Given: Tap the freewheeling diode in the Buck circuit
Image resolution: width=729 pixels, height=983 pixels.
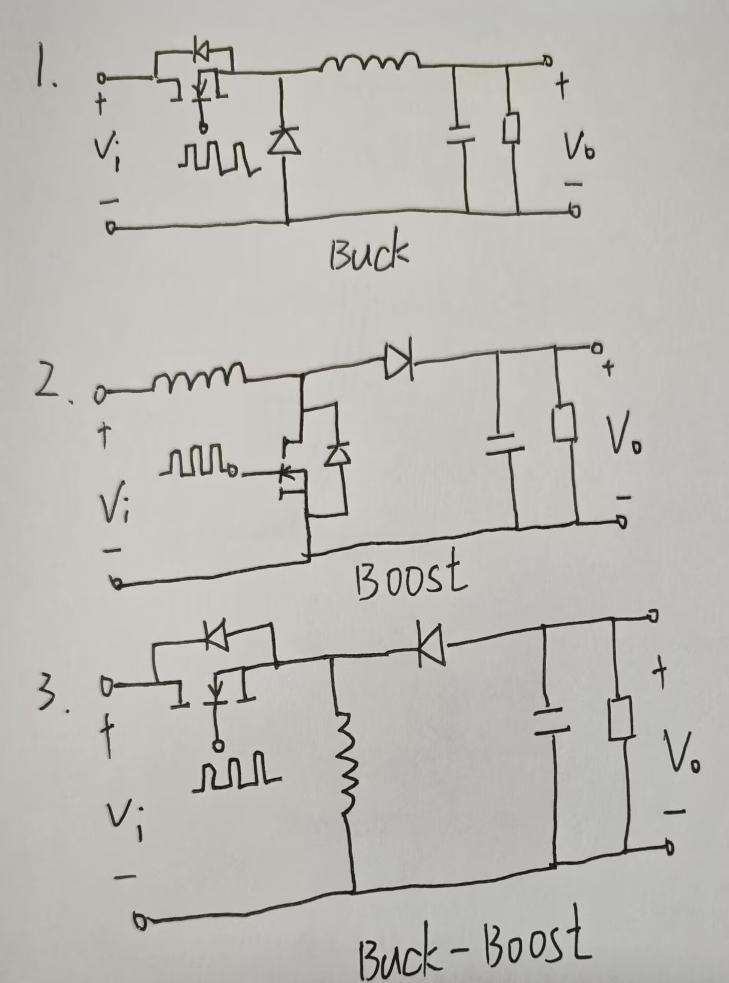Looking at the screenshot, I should (x=285, y=141).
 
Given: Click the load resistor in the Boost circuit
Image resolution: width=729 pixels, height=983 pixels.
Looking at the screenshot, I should (x=565, y=422).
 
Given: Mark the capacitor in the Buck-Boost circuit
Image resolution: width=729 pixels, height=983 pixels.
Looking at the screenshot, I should (x=551, y=722).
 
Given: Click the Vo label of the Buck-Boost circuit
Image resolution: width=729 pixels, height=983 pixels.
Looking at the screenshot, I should (x=681, y=753).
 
